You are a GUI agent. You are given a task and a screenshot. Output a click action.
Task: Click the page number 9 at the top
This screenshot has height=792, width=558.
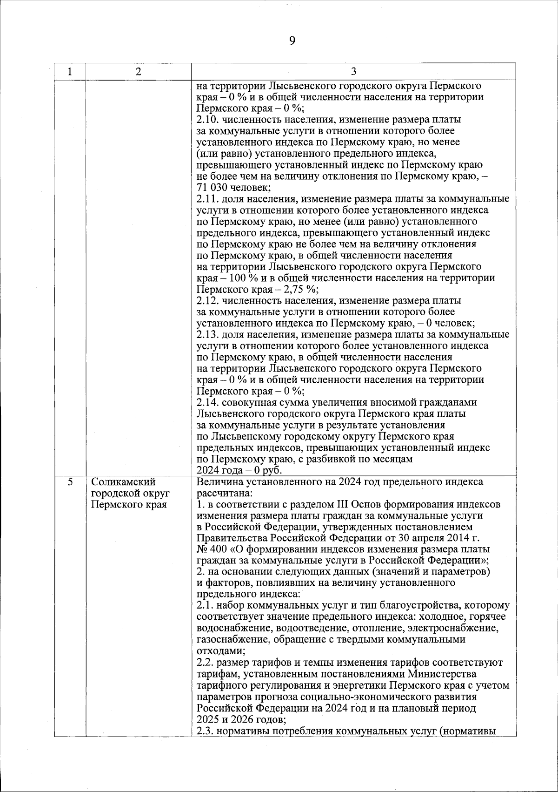pos(292,41)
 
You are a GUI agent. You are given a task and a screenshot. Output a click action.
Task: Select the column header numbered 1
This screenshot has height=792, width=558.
pos(70,72)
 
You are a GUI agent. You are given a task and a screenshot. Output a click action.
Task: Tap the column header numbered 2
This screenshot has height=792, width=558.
pos(138,72)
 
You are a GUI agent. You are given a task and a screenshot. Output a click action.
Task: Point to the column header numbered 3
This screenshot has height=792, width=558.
pos(353,72)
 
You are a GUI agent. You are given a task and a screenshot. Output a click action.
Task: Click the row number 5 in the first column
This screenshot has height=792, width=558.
pos(70,482)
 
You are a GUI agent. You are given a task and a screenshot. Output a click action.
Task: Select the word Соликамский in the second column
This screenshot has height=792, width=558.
pos(124,482)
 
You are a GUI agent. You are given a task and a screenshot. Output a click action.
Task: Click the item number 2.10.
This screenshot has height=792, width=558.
pos(206,120)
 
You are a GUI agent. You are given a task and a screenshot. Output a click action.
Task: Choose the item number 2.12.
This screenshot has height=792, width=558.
pos(206,301)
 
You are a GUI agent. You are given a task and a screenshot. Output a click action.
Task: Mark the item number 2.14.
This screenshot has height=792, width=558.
pos(206,402)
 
